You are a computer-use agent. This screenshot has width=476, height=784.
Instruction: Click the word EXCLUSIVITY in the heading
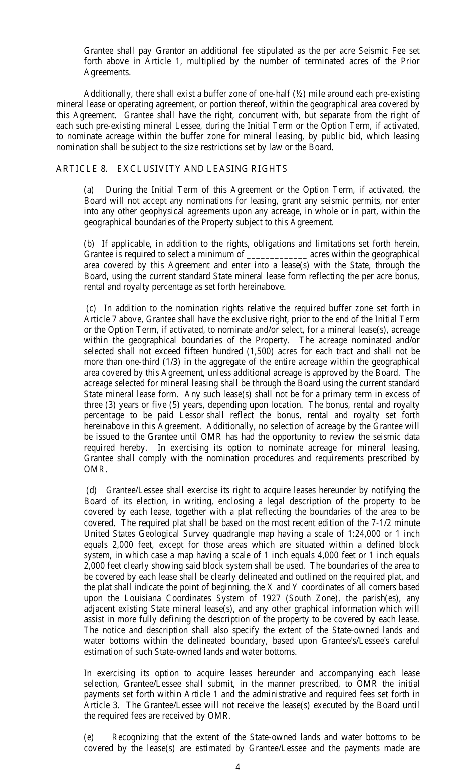tap(157, 169)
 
